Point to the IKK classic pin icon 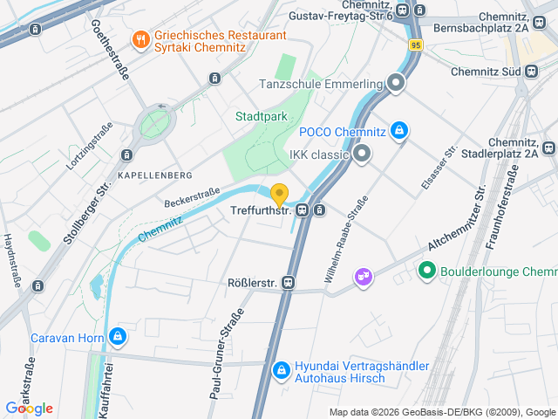[x=362, y=155]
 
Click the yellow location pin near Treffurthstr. [x=279, y=195]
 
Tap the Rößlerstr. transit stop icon [x=289, y=283]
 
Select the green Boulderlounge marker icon [x=427, y=271]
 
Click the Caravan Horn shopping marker [x=117, y=337]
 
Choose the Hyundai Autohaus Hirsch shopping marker [x=281, y=371]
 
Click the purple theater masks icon [x=362, y=277]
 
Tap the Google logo [x=29, y=408]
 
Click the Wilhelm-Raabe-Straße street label [x=346, y=240]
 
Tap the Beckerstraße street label [x=192, y=196]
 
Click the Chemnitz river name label [x=159, y=229]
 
